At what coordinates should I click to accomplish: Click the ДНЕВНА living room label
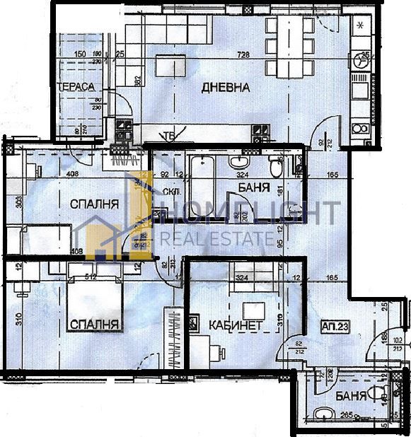pyautogui.click(x=226, y=88)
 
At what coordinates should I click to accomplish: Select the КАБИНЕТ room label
pyautogui.click(x=236, y=325)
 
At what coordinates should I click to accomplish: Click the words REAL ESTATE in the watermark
pyautogui.click(x=216, y=238)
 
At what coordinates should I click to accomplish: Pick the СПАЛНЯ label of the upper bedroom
pyautogui.click(x=93, y=205)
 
